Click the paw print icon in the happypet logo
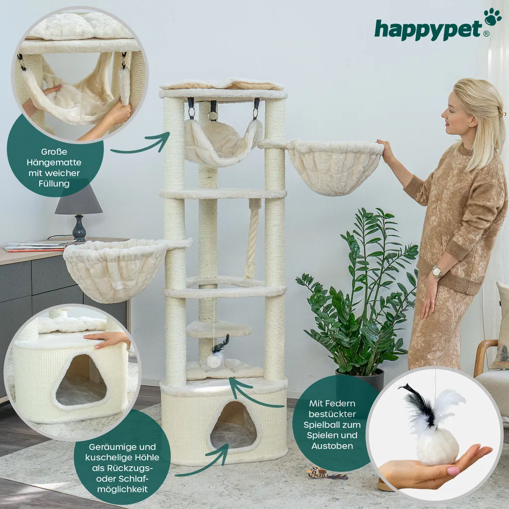click(493, 16)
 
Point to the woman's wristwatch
click(436, 271)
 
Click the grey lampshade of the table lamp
click(79, 201)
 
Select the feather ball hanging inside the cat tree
click(215, 359)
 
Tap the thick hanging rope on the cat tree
click(252, 239)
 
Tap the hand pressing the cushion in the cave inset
click(106, 339)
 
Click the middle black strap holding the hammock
click(213, 111)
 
